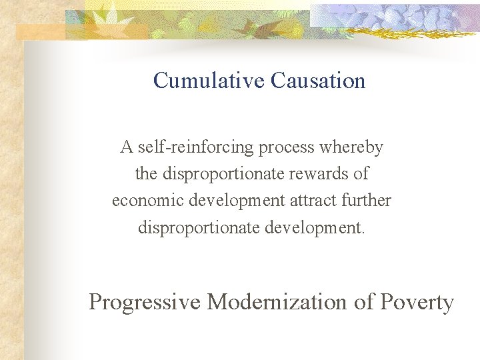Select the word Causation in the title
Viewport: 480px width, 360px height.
(x=318, y=81)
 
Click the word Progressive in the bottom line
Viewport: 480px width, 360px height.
(x=144, y=302)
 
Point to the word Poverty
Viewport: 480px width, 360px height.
(x=417, y=302)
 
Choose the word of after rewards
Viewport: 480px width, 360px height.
(x=361, y=173)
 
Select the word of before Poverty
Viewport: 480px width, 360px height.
(x=364, y=302)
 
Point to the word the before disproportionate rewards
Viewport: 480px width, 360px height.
(x=145, y=173)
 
